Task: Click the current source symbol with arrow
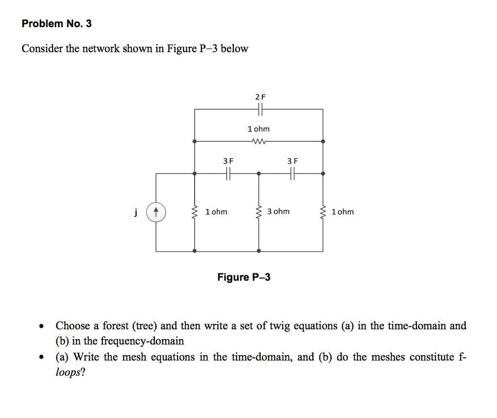tap(156, 212)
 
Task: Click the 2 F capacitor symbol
tap(260, 109)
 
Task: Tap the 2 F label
tap(261, 97)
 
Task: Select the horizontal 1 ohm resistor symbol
tap(259, 141)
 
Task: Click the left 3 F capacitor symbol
tap(228, 173)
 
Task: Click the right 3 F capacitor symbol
tap(292, 173)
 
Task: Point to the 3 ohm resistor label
tap(278, 212)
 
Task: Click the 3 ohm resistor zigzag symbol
tap(259, 212)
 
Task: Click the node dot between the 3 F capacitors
tap(259, 173)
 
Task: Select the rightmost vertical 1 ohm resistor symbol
tap(323, 212)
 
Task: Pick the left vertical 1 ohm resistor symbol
tap(195, 212)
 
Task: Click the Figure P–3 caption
tap(244, 277)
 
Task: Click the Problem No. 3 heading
tap(57, 23)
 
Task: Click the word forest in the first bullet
tap(116, 326)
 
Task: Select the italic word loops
tap(68, 372)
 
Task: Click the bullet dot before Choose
tap(41, 326)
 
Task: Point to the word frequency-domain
tap(142, 341)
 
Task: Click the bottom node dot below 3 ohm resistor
tap(259, 251)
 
